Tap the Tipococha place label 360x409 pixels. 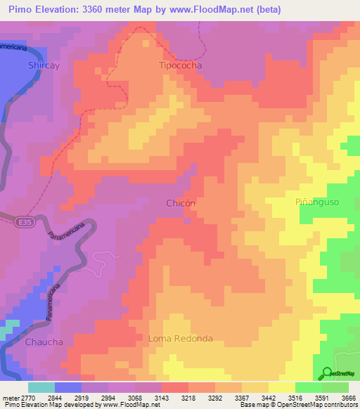(x=179, y=65)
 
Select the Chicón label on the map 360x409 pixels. (x=181, y=202)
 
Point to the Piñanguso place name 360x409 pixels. (x=317, y=202)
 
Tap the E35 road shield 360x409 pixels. (x=22, y=221)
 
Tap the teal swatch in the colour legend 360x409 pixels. (x=41, y=387)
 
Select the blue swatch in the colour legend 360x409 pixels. (x=68, y=387)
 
